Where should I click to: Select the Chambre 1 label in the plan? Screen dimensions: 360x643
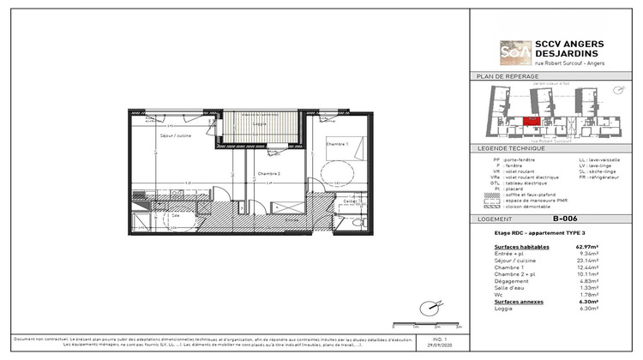coord(336,145)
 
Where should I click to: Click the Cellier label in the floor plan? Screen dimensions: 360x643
coord(349,201)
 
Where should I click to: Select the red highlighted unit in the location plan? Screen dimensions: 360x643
coord(532,123)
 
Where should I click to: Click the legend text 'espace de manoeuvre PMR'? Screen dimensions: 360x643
coord(538,199)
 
